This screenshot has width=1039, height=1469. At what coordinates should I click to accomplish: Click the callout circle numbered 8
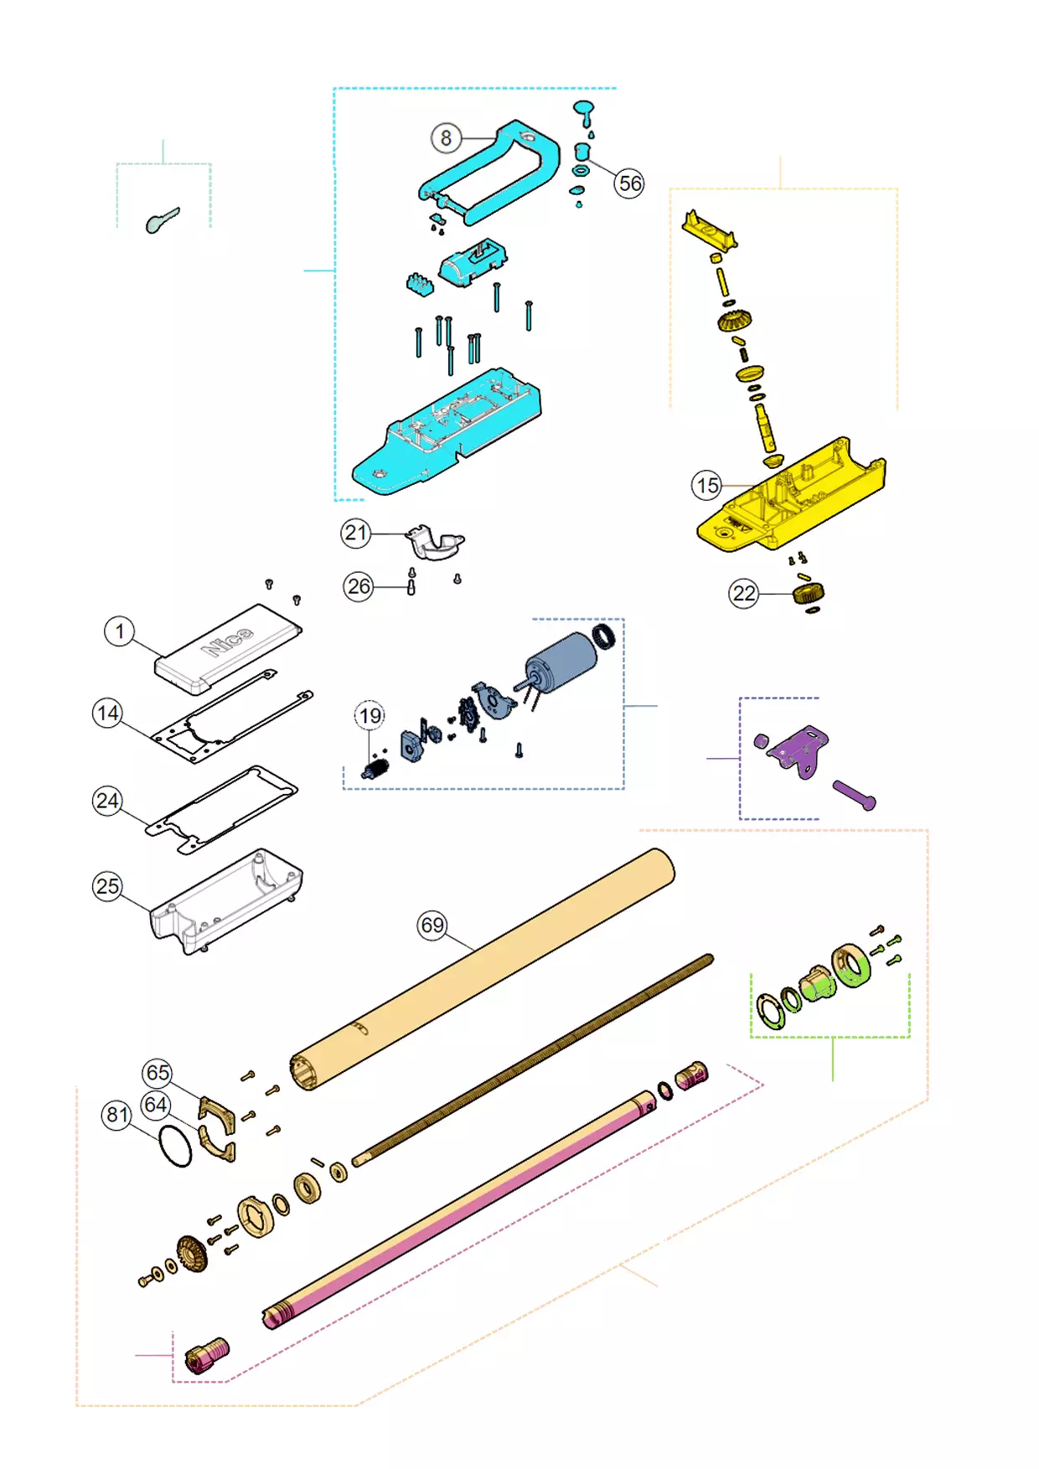click(x=446, y=137)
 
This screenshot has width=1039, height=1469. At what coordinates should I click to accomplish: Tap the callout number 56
click(x=629, y=183)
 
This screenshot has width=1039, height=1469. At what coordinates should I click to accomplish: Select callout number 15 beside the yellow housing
click(x=706, y=485)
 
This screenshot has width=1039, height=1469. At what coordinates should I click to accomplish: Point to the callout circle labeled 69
click(x=432, y=925)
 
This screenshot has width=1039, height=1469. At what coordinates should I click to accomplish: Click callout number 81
click(x=117, y=1115)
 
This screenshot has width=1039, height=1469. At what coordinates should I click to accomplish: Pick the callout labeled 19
click(x=370, y=715)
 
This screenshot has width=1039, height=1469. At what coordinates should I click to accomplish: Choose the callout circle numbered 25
click(x=107, y=886)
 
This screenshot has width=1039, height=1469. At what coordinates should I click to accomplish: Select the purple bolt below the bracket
click(x=854, y=795)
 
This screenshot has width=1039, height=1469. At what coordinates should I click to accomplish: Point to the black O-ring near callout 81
click(x=175, y=1147)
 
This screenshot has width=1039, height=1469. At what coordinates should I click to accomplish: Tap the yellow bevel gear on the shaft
click(x=734, y=320)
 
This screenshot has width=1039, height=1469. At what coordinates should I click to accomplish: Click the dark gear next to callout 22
click(x=809, y=594)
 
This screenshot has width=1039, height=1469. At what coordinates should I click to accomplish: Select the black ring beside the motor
click(x=603, y=637)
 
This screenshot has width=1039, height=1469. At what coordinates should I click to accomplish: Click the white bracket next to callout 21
click(x=434, y=543)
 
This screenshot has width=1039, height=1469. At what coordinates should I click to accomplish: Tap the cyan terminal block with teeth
click(x=421, y=284)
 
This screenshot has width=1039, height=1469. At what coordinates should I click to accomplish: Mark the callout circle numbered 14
click(x=107, y=714)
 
